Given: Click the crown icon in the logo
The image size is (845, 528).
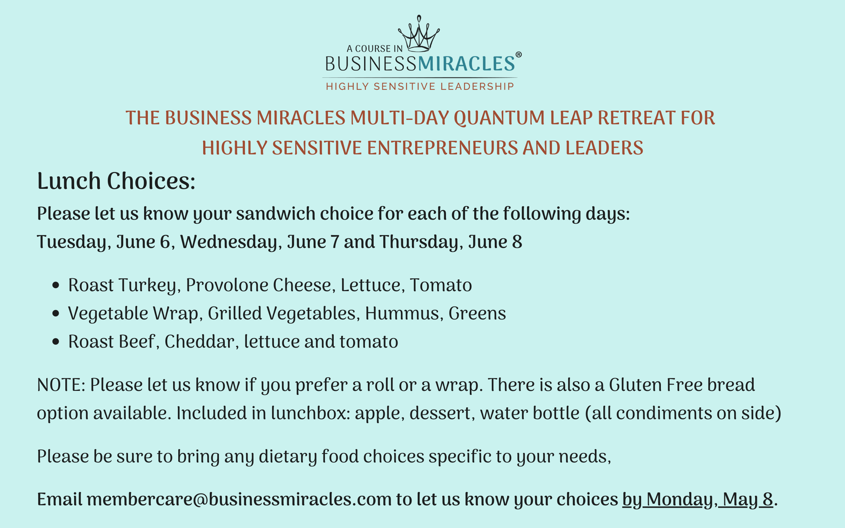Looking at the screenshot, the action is tap(419, 33).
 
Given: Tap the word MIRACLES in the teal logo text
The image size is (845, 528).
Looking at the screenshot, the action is tap(467, 64).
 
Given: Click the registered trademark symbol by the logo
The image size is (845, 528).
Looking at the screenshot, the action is tap(519, 55).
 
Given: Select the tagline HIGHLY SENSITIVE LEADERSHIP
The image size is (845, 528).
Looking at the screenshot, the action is tap(420, 86).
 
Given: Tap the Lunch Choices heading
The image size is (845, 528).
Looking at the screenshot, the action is tap(116, 181).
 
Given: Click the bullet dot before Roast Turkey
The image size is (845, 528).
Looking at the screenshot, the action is tap(56, 285).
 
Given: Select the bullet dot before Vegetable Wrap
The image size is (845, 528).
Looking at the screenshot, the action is tap(56, 313).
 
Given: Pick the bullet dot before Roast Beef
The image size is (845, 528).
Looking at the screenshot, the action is tap(56, 342).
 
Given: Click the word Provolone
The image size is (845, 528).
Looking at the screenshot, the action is tap(227, 285).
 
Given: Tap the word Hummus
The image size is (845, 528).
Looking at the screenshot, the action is tap(402, 313).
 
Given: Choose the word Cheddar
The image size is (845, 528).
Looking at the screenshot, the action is tap(199, 341).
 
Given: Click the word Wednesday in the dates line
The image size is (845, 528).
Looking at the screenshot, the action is tap(229, 242).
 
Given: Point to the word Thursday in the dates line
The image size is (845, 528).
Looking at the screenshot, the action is tap(419, 242).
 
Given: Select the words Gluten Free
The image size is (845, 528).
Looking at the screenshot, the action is tap(656, 385).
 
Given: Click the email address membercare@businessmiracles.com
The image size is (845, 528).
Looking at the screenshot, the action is tap(239, 499).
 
